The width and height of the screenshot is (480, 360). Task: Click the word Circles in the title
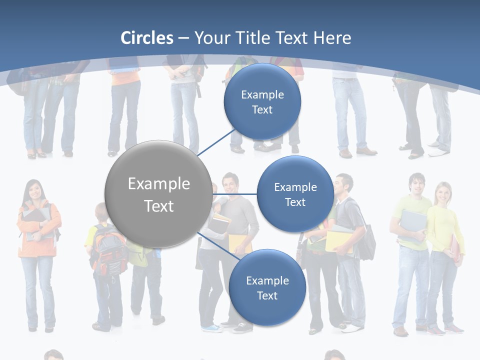click(x=147, y=38)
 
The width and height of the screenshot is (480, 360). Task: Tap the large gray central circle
click(x=158, y=194)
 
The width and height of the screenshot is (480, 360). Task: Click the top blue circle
click(x=262, y=101)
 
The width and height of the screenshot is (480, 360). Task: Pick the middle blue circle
click(x=295, y=194)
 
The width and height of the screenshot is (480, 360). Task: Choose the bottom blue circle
click(x=267, y=287)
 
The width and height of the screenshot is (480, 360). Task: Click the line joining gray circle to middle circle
click(x=235, y=194)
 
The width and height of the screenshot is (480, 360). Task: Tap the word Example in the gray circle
click(x=158, y=183)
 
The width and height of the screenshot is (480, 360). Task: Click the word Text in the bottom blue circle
click(x=267, y=295)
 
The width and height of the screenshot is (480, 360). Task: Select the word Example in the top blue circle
click(x=262, y=94)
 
